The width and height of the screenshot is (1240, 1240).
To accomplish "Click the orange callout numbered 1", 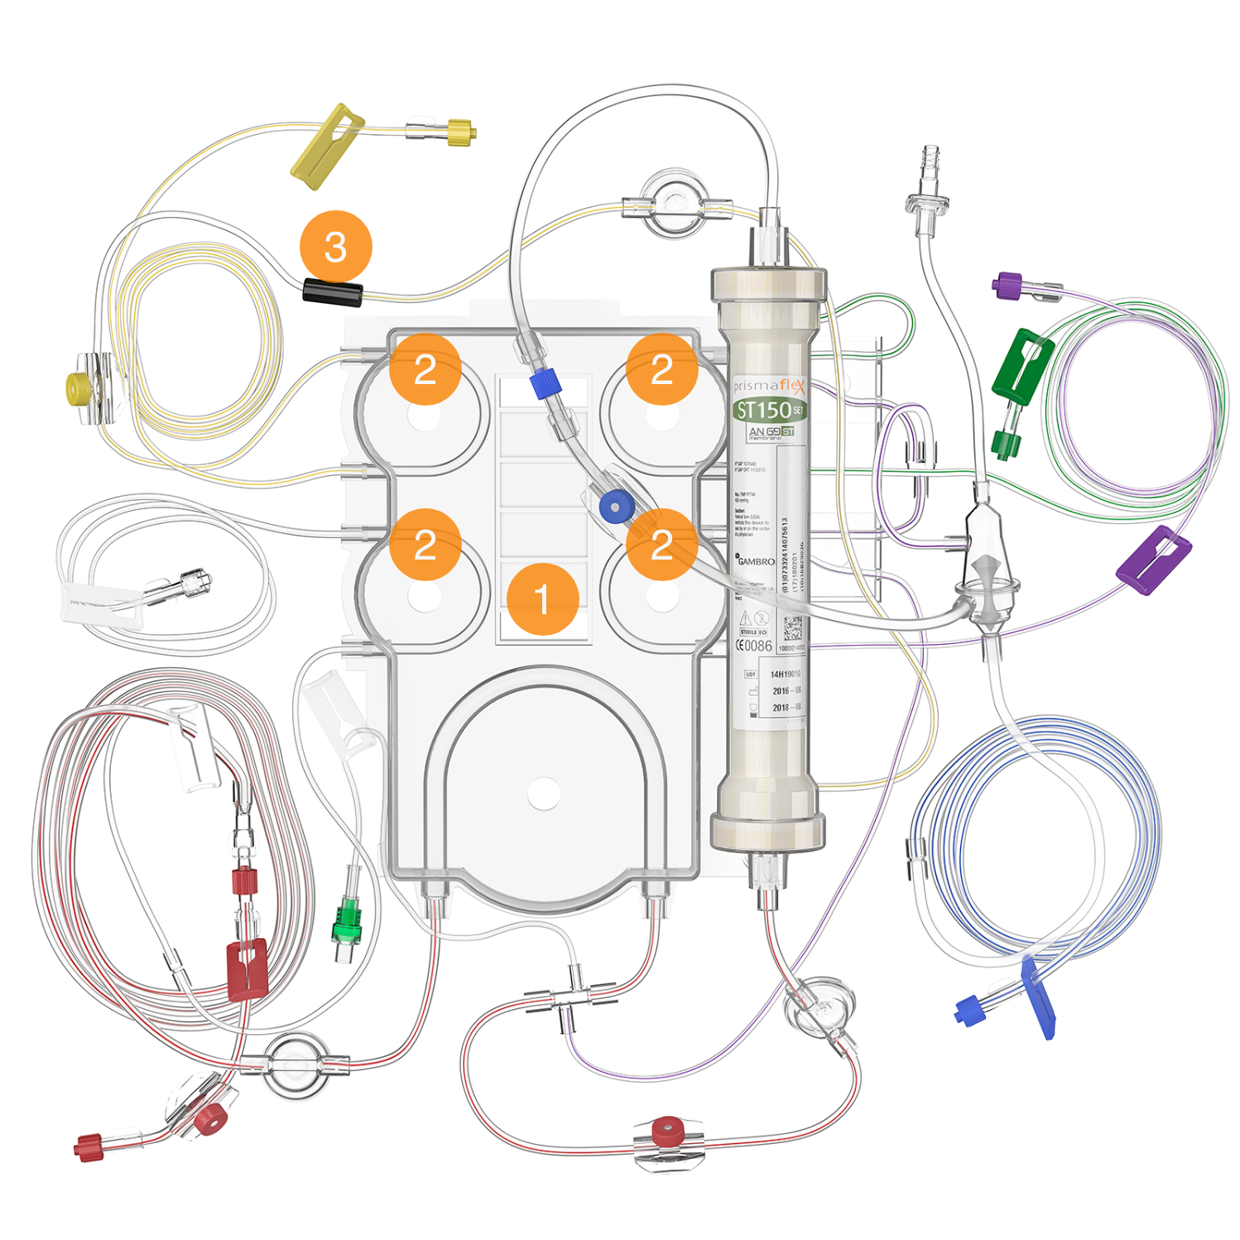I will [542, 599].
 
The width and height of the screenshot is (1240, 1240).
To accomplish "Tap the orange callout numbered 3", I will [335, 247].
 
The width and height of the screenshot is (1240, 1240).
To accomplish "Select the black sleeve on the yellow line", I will [332, 291].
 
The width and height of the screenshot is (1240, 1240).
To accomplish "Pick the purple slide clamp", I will [1154, 560].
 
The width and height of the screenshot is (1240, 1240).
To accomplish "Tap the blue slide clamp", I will [1038, 997].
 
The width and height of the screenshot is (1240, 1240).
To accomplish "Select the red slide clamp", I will [247, 968].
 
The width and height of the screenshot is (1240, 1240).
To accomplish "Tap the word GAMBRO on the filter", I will [756, 561].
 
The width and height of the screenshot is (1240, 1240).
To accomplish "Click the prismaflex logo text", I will [768, 385].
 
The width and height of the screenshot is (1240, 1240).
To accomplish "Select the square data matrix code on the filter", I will [792, 627].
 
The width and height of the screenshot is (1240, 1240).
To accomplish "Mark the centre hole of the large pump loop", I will [543, 793].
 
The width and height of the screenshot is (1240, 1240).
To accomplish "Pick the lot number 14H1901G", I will [786, 674].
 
